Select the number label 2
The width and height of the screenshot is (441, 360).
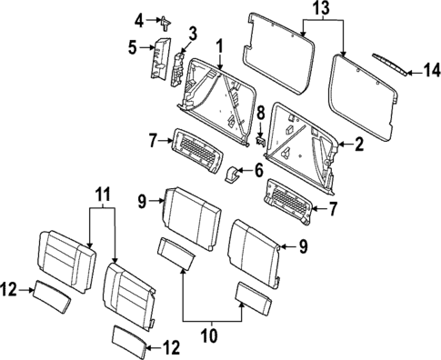357,143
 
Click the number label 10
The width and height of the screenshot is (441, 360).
209,335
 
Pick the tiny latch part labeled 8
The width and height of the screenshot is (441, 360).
259,141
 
